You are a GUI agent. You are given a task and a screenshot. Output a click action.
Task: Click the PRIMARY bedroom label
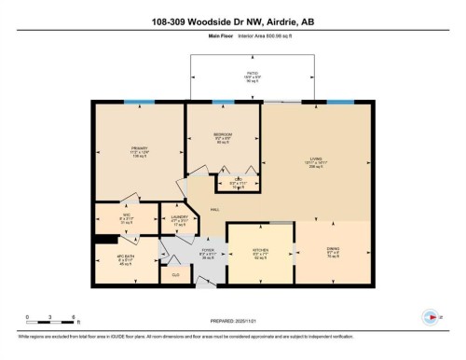click(x=140, y=148)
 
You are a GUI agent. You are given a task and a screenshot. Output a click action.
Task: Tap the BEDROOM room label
click(x=223, y=134)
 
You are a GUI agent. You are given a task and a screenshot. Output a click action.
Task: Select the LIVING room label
click(x=317, y=159)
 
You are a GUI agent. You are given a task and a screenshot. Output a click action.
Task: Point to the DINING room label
click(x=333, y=248)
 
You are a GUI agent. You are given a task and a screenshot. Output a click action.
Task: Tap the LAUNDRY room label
click(x=180, y=216)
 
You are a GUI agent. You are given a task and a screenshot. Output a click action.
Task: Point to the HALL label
click(x=216, y=210)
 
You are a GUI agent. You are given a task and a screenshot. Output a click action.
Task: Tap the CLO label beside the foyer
click(x=177, y=275)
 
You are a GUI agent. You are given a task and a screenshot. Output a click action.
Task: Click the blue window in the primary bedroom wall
click(x=141, y=102)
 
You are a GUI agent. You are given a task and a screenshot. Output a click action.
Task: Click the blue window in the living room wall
click(x=341, y=102)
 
